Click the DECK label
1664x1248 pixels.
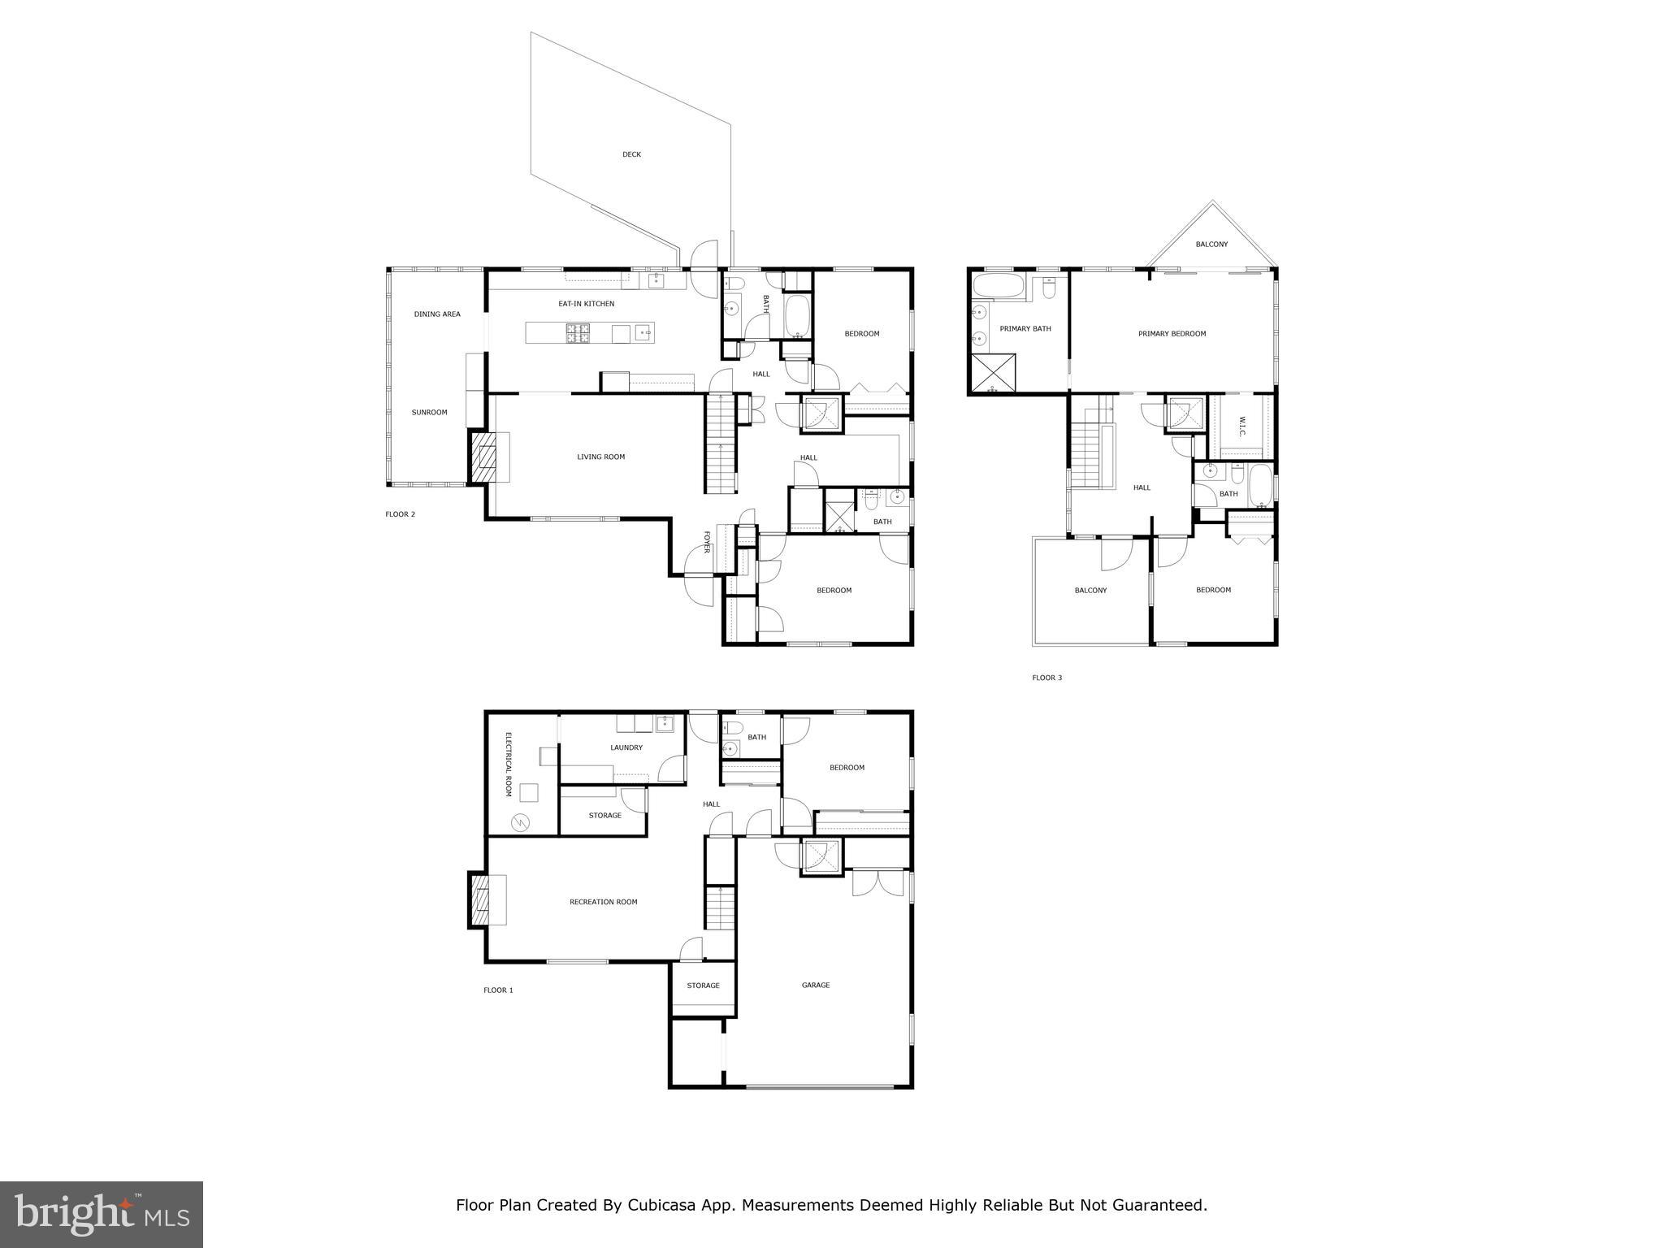631,154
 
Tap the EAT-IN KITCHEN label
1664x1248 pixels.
586,304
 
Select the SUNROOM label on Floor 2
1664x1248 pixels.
429,413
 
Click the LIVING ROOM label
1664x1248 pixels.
600,457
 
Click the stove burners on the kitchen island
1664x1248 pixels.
578,332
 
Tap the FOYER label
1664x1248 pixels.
707,542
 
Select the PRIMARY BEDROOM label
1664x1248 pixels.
1172,334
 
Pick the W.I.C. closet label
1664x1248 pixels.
1242,426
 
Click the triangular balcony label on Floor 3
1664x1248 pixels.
1211,245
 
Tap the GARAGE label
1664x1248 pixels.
815,986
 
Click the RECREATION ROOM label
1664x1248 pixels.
603,902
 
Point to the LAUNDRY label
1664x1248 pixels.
626,747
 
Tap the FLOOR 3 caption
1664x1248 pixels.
1046,678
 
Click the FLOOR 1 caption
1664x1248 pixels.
498,990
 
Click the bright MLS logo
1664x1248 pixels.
102,1215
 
